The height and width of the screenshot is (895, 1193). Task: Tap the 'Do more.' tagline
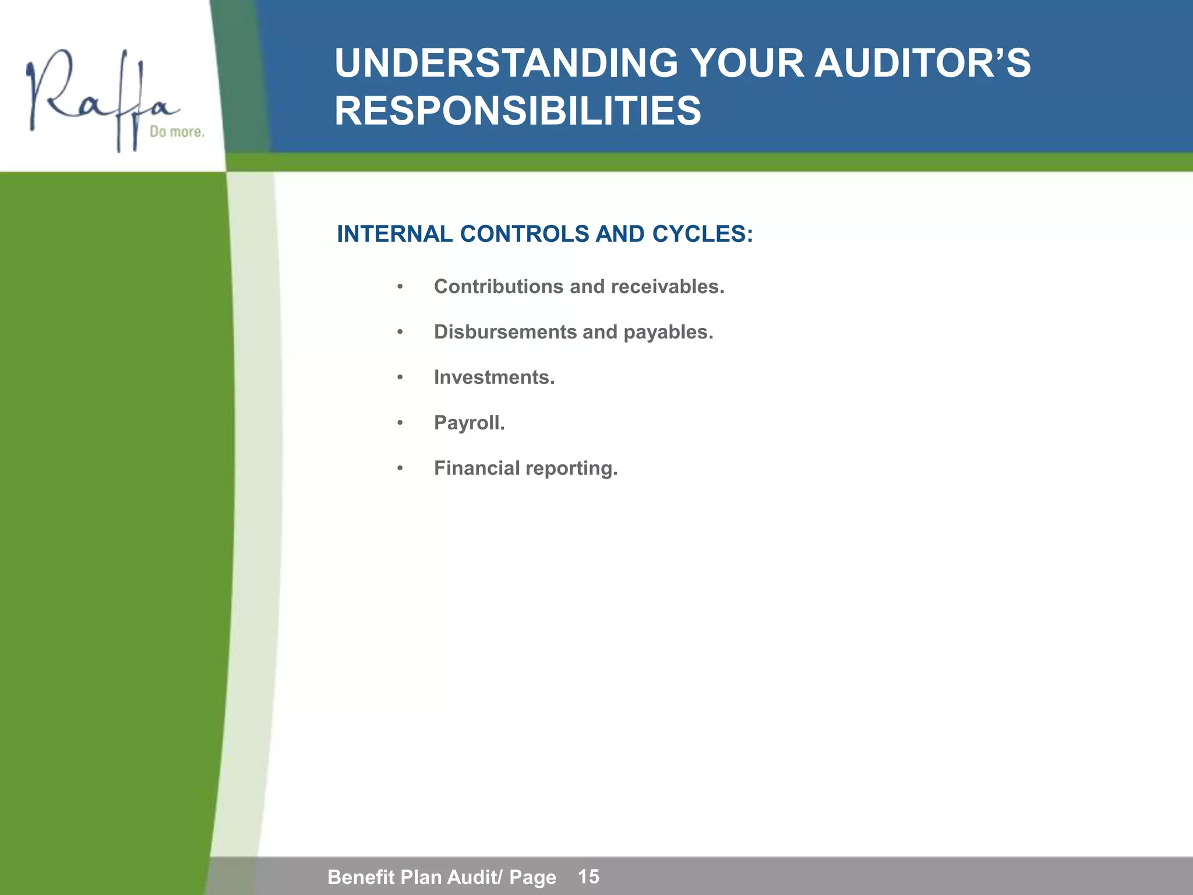177,132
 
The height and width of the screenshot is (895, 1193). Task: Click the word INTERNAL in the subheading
394,234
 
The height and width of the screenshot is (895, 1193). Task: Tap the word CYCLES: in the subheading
703,234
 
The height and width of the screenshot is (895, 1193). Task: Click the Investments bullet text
494,378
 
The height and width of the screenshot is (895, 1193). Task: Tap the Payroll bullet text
469,423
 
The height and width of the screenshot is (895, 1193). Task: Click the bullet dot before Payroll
400,423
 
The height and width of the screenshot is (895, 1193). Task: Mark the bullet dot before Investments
400,378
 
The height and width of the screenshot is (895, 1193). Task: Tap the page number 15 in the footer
588,876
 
